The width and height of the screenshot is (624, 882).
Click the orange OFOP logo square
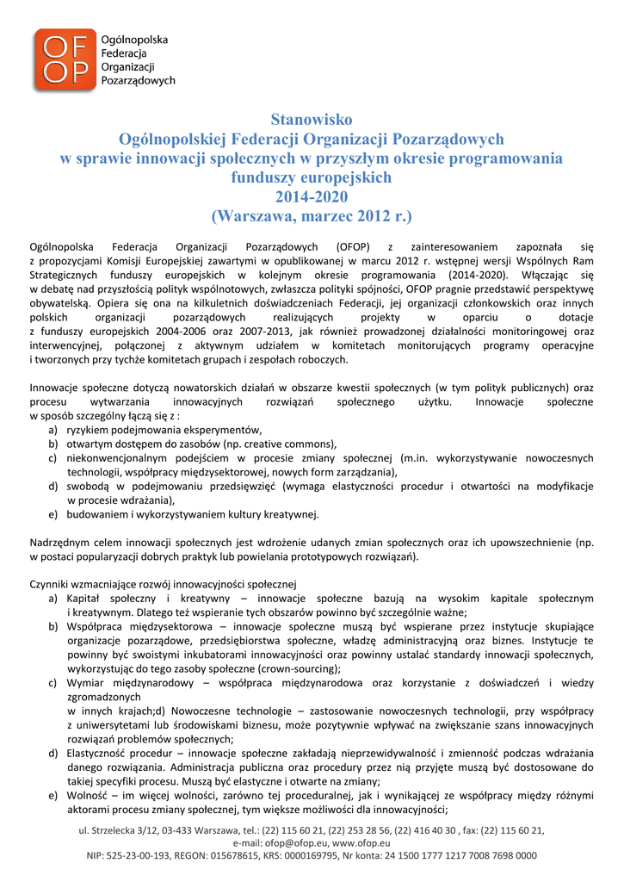[x=65, y=59]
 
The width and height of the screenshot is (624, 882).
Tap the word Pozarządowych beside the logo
[x=138, y=80]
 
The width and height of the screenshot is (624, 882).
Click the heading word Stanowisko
[x=312, y=119]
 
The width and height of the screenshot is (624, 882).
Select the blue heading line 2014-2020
[x=312, y=196]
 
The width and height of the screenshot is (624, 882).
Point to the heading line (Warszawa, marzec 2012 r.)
[x=312, y=214]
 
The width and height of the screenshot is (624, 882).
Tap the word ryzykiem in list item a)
[x=87, y=430]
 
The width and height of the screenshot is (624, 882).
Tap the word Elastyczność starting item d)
[x=97, y=752]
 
